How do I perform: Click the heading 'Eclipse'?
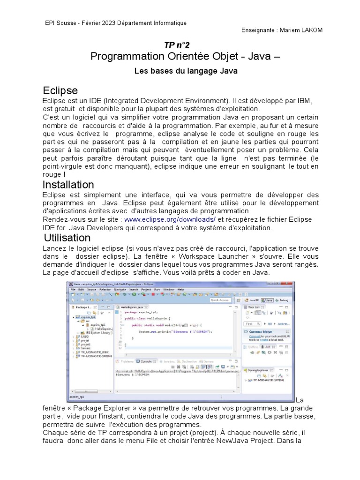click(x=60, y=90)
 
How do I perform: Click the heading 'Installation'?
click(x=68, y=184)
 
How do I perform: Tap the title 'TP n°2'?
click(x=177, y=45)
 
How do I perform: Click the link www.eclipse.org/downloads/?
click(x=170, y=219)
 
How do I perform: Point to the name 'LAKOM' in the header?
click(x=311, y=30)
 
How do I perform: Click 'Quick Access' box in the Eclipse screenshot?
click(x=221, y=300)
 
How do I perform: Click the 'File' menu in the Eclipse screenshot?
click(x=74, y=290)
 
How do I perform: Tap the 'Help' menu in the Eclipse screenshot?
click(x=180, y=290)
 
